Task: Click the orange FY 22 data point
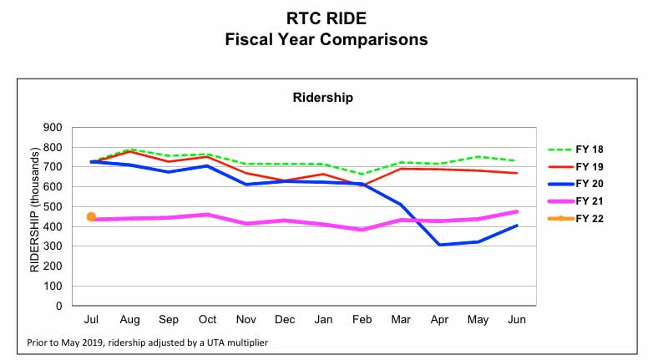91,217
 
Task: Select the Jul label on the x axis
91,320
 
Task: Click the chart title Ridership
322,98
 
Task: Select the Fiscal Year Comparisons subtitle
326,39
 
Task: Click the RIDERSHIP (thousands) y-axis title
35,210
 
